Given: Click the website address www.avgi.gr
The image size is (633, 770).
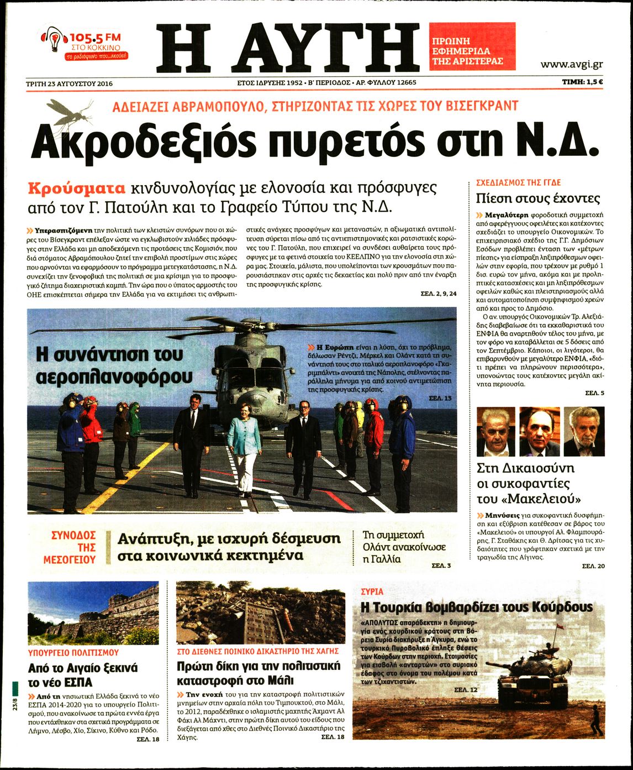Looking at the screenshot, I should point(571,65).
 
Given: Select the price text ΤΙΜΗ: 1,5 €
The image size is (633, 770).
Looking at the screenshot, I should point(582,83).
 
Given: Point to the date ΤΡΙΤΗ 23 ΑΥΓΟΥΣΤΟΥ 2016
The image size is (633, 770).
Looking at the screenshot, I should point(69,83).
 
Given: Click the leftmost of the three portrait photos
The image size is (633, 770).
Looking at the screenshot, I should point(495,432).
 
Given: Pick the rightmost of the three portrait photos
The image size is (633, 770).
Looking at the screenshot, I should point(583,432).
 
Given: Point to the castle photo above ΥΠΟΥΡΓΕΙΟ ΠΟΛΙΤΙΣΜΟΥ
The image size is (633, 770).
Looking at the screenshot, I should point(93,612).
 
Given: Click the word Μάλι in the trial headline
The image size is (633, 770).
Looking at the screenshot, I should point(281,679).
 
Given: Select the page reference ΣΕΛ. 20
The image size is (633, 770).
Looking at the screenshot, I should point(593,566).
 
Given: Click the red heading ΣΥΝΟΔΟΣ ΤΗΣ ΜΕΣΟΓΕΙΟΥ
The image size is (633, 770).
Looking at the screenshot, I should point(70,547).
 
